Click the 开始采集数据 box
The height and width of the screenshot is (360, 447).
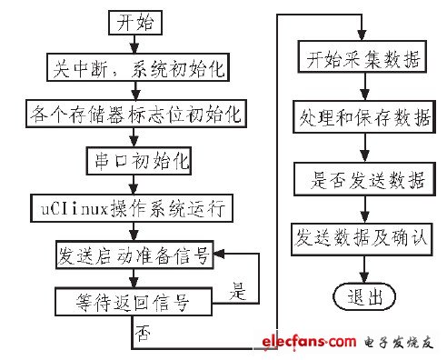click(363, 62)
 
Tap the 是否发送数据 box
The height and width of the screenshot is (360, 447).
click(363, 178)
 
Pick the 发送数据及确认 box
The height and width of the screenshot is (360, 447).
click(363, 238)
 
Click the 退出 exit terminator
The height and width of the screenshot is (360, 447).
click(363, 296)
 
